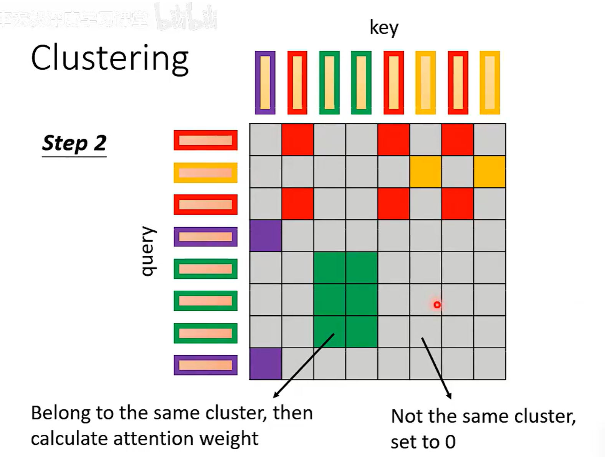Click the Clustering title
[110, 58]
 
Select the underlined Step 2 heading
[74, 144]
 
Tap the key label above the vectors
[384, 28]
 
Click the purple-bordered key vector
[265, 83]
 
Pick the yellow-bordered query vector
[205, 173]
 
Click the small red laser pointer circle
[437, 305]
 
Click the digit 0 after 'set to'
[450, 442]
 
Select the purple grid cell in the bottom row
[265, 364]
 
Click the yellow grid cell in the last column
[489, 172]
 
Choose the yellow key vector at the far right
[489, 83]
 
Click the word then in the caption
[293, 414]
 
